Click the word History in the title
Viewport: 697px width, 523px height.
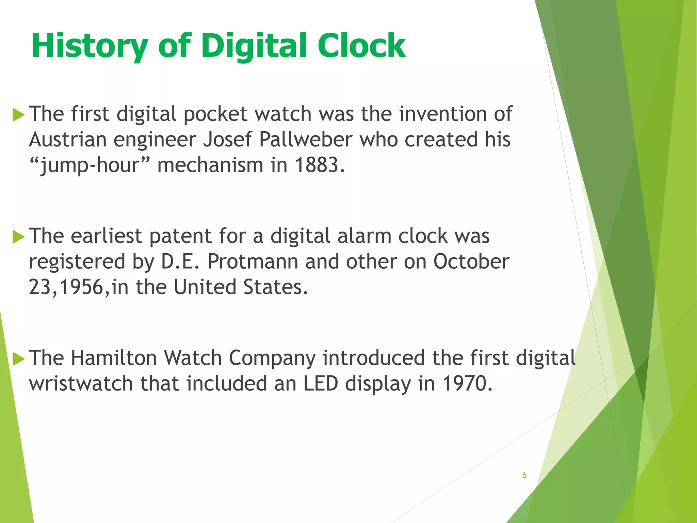tap(90, 46)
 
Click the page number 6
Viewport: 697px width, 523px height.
tap(524, 475)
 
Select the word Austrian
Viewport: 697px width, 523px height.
tap(68, 140)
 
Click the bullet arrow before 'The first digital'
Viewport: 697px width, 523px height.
tap(18, 115)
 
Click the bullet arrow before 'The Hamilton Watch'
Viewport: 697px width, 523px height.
tap(18, 359)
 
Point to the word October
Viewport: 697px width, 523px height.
tap(471, 261)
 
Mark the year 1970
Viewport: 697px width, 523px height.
tap(467, 384)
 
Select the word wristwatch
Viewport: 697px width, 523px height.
tap(81, 384)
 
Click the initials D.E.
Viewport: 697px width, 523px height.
tap(180, 261)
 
